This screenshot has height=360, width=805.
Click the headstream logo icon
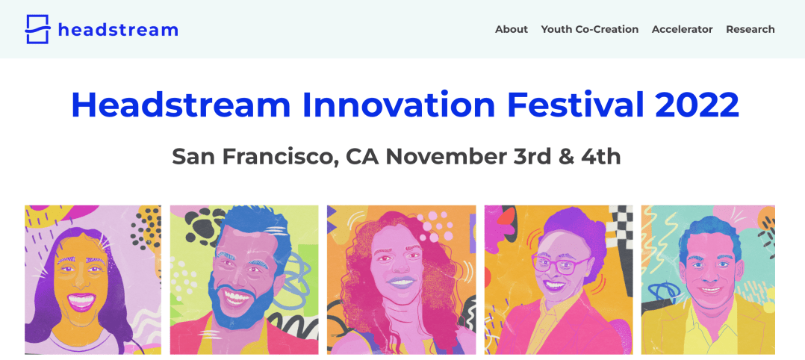point(37,29)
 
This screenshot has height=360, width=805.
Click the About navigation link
point(512,29)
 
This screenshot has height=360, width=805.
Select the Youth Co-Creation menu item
point(590,29)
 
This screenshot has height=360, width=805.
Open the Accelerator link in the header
point(683,29)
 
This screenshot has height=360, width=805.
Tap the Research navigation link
point(750,29)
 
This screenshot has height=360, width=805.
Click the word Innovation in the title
point(399,105)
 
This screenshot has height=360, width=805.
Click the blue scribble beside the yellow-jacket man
point(665,291)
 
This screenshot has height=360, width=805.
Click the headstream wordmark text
point(118,29)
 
